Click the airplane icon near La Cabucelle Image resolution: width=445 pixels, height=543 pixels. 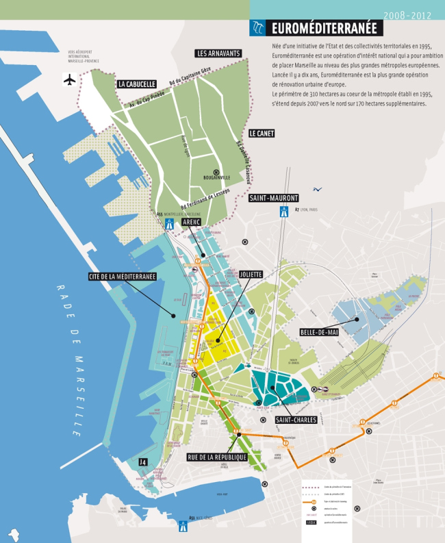[69, 80]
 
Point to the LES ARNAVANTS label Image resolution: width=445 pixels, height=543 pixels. [218, 53]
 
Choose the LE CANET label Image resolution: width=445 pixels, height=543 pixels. [261, 134]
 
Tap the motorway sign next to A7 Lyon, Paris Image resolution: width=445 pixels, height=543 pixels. [283, 213]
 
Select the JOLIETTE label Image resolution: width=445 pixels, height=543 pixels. [251, 274]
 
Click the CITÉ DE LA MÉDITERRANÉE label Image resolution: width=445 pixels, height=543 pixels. [123, 277]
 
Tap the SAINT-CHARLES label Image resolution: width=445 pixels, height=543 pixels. [296, 419]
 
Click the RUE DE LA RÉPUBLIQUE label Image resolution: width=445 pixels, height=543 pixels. [216, 456]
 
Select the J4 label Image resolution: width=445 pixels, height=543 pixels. [142, 462]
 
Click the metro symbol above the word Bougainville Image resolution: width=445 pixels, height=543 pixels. [216, 173]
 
